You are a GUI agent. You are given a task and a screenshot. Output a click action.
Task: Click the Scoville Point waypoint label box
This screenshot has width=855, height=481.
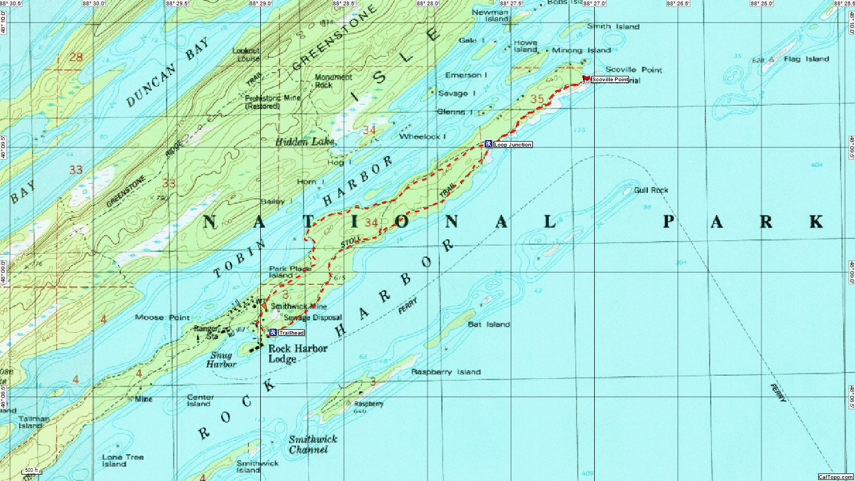610,80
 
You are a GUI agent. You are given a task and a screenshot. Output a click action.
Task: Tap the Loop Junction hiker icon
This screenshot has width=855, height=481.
488,144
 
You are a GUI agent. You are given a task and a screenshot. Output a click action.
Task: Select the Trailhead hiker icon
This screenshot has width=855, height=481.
273,332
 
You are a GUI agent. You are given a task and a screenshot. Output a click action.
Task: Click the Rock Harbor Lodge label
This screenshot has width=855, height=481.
297,353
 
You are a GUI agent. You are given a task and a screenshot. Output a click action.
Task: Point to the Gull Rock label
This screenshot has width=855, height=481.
651,190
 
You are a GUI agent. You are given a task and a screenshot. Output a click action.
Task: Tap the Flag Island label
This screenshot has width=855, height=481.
806,59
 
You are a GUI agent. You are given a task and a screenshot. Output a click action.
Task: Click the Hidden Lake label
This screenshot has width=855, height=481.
305,142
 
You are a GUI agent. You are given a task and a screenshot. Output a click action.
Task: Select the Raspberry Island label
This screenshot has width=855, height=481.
446,372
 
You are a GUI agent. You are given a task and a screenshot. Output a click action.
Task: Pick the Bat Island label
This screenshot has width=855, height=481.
488,324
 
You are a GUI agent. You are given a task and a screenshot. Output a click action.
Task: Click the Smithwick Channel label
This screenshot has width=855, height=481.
313,444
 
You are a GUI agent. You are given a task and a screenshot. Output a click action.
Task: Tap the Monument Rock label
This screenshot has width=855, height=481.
333,81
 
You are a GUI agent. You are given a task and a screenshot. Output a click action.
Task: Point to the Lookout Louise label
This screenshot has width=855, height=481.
246,55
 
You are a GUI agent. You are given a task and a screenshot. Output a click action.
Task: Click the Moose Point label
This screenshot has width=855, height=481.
162,317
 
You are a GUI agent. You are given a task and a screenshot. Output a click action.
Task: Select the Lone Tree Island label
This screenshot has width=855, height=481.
122,461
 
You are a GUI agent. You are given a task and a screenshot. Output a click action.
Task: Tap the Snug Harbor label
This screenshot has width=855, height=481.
221,360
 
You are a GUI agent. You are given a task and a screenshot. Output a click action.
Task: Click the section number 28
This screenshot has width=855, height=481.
76,57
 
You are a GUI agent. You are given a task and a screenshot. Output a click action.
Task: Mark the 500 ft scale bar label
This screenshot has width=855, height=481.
32,470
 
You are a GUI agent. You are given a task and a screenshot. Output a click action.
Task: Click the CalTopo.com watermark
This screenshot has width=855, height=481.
835,477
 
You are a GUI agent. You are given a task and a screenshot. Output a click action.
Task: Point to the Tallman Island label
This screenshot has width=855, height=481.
33,422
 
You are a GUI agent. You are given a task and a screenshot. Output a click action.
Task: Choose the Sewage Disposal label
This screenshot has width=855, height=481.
313,317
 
